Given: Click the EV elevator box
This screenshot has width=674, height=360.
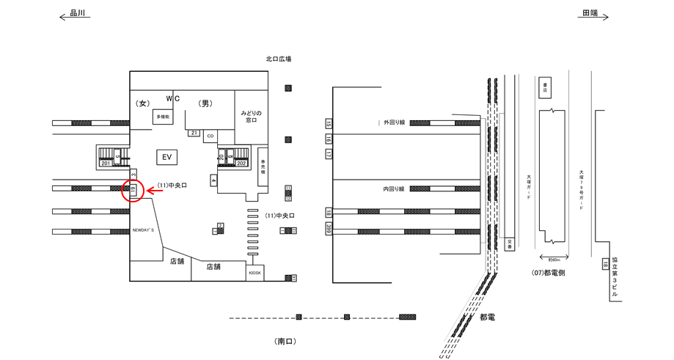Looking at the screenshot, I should [x=166, y=156].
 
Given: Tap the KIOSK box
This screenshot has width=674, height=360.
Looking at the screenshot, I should [x=254, y=273].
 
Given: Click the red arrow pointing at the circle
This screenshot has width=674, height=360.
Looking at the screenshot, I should [x=155, y=191].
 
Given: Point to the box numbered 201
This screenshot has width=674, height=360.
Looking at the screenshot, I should [x=106, y=164].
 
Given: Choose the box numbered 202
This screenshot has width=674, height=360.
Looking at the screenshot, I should [x=241, y=164].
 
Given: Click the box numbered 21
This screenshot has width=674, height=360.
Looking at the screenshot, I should [x=194, y=133].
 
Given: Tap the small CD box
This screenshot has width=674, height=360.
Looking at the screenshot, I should [x=210, y=136].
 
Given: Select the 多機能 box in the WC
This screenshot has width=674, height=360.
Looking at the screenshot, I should [x=162, y=117].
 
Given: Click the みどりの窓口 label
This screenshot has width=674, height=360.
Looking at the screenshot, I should [x=252, y=116].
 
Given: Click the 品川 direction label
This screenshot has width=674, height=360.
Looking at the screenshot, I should [x=78, y=13].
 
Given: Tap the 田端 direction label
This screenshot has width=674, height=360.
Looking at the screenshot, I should [x=590, y=13].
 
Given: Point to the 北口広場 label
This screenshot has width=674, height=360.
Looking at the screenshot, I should [x=279, y=59].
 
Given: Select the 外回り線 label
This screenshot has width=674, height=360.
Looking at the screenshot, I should [x=394, y=122].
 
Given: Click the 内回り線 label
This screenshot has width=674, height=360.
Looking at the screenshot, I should [x=394, y=189].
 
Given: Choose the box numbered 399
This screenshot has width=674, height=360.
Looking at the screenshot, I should [x=328, y=229].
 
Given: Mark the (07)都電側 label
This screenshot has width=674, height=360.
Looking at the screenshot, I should [x=548, y=273].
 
